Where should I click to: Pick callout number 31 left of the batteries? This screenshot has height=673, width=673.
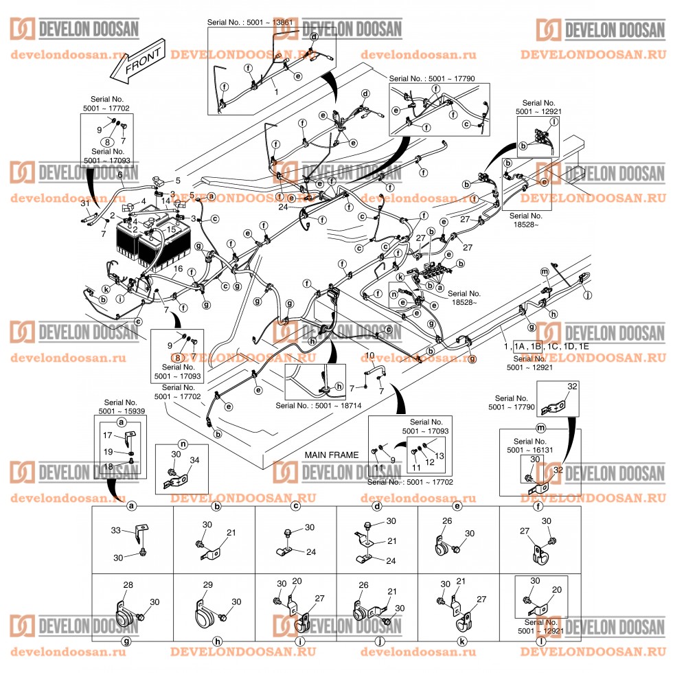click(x=84, y=203)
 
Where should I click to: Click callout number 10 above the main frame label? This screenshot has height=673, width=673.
click(x=369, y=356)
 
